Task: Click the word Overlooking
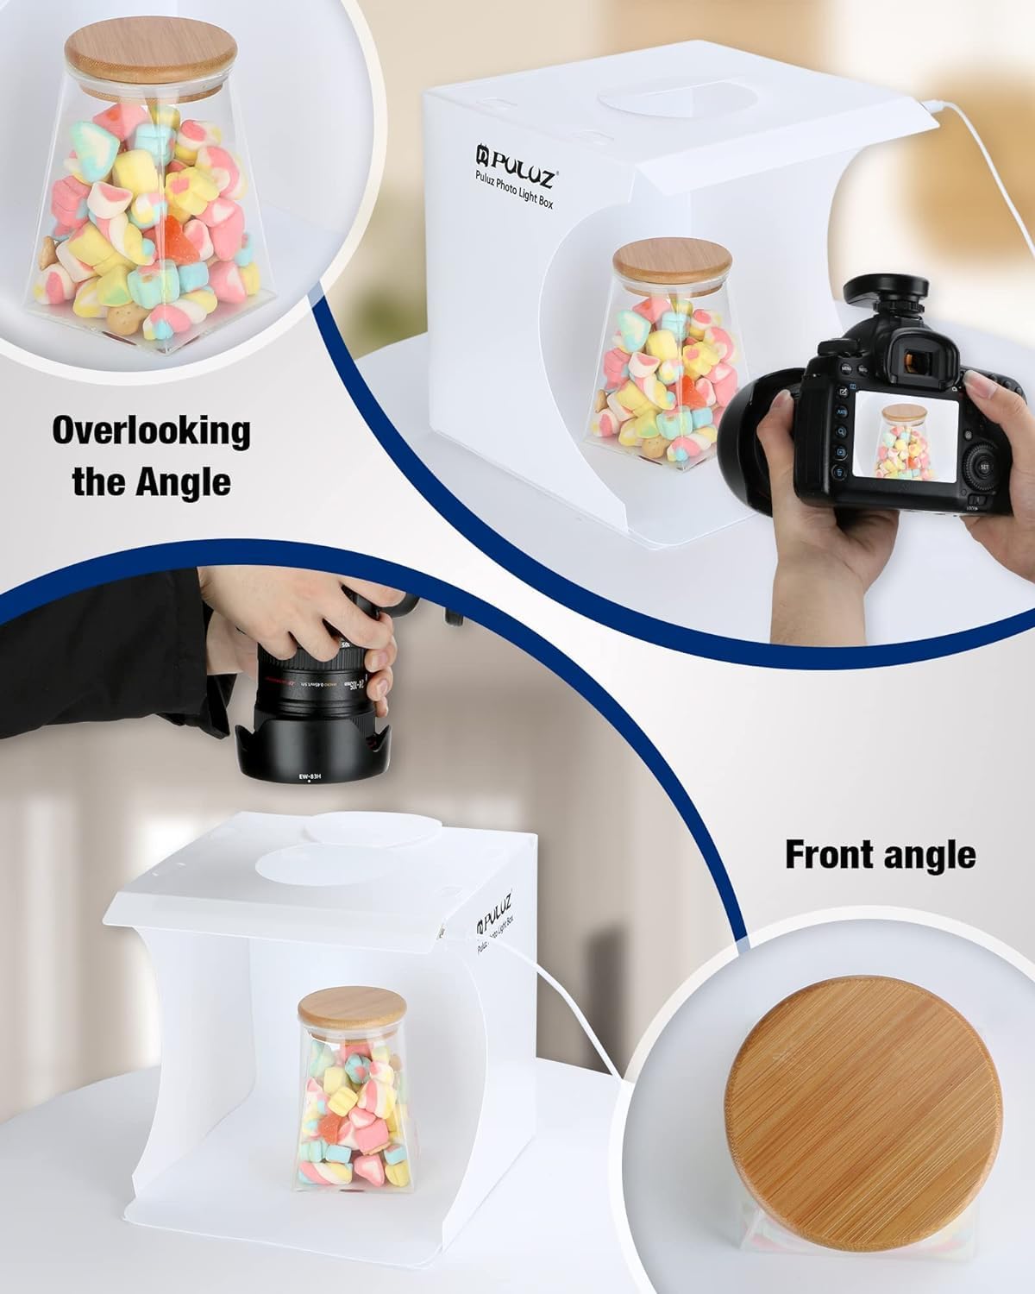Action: point(151,430)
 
